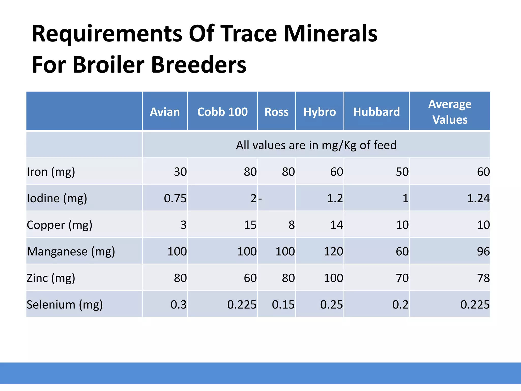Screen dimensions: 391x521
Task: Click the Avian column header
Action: coord(165,112)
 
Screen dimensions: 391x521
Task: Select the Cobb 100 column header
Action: coord(222,112)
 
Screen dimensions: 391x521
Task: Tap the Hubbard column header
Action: coord(377,112)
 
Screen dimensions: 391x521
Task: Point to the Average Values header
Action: coord(450,112)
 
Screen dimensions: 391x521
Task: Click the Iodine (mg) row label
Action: coord(57,198)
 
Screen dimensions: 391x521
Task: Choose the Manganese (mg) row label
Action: coord(71,252)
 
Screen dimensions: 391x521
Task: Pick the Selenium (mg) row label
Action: coord(65,304)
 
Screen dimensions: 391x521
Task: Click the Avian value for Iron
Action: coord(180,172)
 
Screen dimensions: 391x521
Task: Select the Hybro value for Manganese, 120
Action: coord(333,252)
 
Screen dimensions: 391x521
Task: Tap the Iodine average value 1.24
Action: coord(478,198)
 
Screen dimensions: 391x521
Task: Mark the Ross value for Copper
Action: coord(292,225)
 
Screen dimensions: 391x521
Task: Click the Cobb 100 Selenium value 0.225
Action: coord(242,305)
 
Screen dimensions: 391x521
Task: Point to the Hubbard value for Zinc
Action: coord(402,278)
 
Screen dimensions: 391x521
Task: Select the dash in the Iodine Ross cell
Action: coord(260,199)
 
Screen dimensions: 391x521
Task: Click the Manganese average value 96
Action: coord(483,252)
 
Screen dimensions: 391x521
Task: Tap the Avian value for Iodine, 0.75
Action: coord(175,198)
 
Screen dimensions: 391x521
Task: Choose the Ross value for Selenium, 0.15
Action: coord(283,305)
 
